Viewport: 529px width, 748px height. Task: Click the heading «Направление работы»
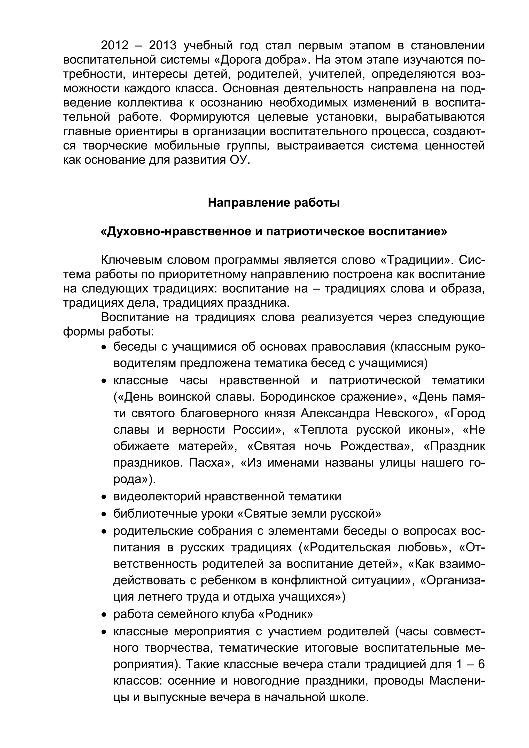click(x=274, y=203)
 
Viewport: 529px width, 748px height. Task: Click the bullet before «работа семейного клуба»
click(x=104, y=615)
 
